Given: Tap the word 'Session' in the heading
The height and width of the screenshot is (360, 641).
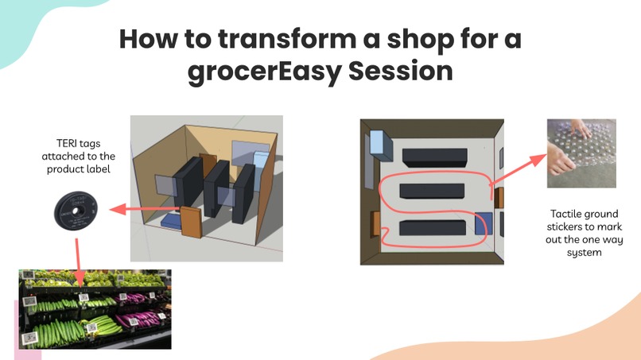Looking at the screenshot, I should pyautogui.click(x=403, y=72).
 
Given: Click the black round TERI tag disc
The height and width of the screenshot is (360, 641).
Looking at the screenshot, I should pyautogui.click(x=76, y=211).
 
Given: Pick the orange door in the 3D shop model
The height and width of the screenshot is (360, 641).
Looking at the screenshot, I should pyautogui.click(x=192, y=222).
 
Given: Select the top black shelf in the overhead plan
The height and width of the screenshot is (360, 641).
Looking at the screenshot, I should pyautogui.click(x=433, y=156).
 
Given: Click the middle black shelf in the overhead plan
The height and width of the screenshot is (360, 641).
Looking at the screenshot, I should pyautogui.click(x=431, y=191).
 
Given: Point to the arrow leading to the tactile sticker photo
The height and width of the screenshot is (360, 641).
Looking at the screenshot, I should pyautogui.click(x=517, y=169).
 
